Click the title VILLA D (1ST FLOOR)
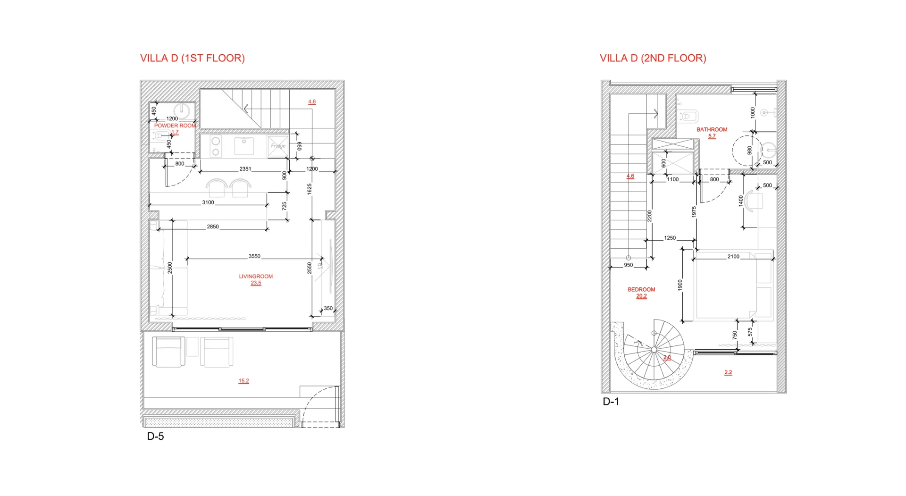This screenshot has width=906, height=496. (192, 58)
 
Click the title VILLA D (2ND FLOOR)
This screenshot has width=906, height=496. (653, 58)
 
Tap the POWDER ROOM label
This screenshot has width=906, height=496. (175, 126)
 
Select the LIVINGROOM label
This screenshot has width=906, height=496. (256, 277)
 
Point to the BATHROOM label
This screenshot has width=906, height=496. (712, 129)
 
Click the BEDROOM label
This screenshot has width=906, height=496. (641, 289)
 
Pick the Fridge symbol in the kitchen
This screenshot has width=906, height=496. (278, 146)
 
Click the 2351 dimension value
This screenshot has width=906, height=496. (245, 168)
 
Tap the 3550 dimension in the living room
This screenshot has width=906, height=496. (254, 256)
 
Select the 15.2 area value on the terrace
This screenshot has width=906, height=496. (243, 381)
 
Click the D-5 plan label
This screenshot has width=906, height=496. (155, 436)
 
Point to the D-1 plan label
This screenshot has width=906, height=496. (611, 402)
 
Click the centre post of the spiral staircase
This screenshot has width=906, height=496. (654, 350)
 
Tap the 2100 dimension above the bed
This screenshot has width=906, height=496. (733, 256)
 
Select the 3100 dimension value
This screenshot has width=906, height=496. (208, 202)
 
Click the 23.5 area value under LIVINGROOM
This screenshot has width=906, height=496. (256, 283)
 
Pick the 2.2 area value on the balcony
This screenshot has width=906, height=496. (728, 372)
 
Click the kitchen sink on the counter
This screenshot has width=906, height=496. (244, 146)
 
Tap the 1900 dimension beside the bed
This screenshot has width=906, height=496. (680, 285)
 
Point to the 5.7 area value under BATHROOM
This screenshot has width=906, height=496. (712, 136)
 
